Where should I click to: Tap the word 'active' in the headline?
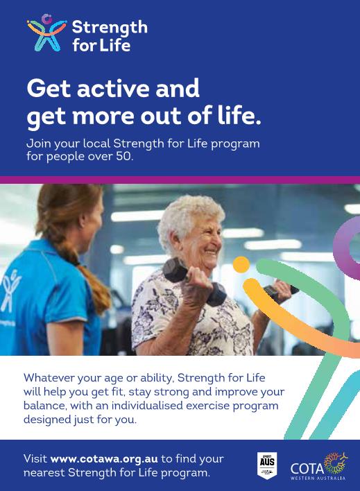[111, 89]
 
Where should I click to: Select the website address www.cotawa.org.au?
[104, 459]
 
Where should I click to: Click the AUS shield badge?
[267, 464]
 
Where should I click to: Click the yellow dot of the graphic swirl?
[241, 265]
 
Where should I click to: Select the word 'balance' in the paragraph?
[44, 406]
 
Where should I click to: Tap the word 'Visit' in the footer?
[35, 459]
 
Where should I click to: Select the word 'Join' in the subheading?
[38, 144]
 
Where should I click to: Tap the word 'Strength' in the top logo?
[110, 28]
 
